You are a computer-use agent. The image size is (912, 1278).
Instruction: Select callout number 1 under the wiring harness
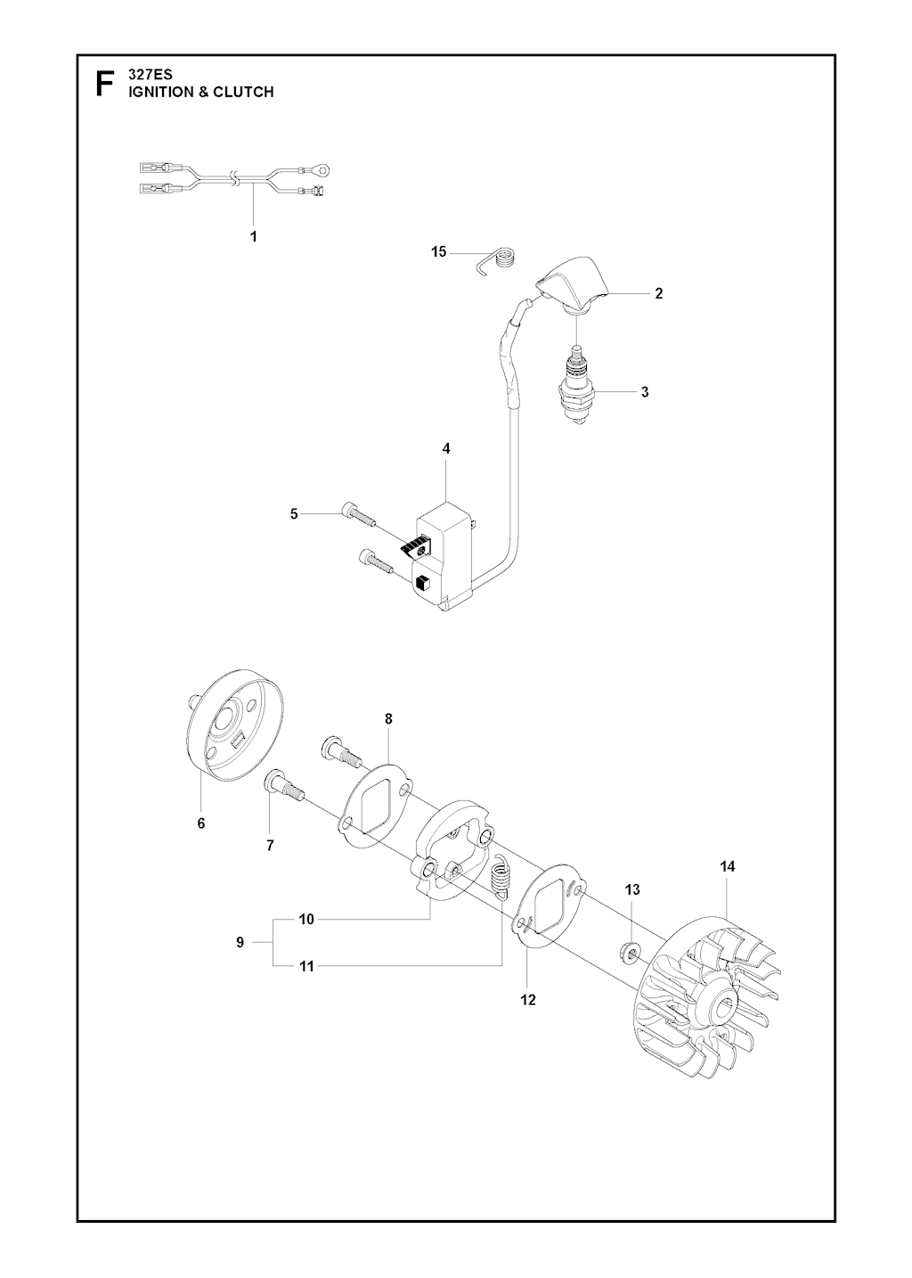click(254, 236)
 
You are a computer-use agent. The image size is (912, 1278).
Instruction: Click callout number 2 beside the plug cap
click(658, 293)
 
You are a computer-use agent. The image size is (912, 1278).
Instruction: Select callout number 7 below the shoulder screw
click(270, 846)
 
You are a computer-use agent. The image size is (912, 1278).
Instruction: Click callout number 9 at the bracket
click(240, 943)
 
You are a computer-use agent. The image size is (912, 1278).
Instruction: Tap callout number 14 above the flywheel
click(728, 866)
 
